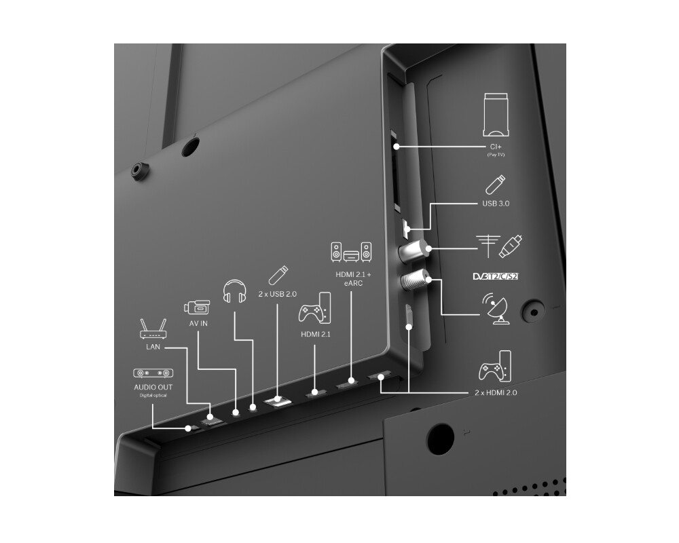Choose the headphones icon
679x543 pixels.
point(234,291)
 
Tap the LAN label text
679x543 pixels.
point(153,346)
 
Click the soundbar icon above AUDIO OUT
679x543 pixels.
point(153,373)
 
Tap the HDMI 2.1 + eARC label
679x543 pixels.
point(349,278)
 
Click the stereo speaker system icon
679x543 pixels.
point(350,253)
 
